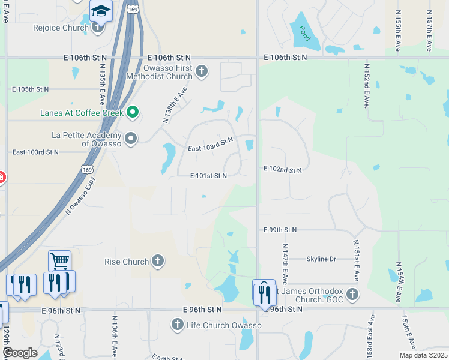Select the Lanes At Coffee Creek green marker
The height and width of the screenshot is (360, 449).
click(x=134, y=112)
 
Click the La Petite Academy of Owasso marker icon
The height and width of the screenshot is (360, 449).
click(x=131, y=139)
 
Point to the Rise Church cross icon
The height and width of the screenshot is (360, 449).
click(x=157, y=261)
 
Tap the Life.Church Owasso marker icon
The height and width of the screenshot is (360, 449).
click(x=177, y=325)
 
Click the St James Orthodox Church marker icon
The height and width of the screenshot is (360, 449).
click(x=352, y=295)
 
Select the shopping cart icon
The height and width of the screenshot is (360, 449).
click(x=59, y=261)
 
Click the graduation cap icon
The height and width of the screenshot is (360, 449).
click(x=101, y=10)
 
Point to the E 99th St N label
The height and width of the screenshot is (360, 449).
click(x=280, y=230)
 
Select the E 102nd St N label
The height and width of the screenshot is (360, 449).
click(x=282, y=170)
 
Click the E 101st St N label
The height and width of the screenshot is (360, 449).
click(x=208, y=176)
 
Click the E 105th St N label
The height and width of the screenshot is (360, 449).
click(x=31, y=89)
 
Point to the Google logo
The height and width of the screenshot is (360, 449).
click(x=19, y=352)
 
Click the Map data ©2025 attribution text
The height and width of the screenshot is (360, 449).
click(x=423, y=355)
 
